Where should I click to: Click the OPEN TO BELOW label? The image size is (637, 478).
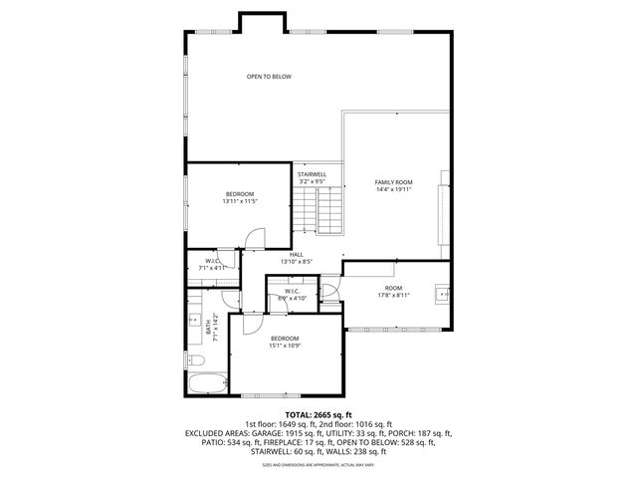click(269, 77)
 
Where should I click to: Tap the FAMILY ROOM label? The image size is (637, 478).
click(393, 182)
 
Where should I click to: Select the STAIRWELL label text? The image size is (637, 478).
click(312, 174)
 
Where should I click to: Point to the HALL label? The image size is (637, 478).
click(297, 254)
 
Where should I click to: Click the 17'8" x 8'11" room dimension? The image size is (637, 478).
click(394, 295)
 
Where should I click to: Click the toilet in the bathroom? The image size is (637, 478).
click(195, 359)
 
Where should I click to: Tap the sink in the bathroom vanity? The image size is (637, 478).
click(193, 321)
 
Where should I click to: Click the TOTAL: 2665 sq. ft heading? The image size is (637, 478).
click(318, 414)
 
